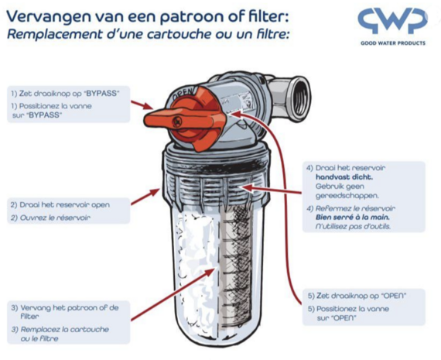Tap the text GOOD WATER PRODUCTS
pyautogui.click(x=393, y=43)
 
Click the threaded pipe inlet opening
pyautogui.click(x=300, y=99)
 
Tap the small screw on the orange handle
pyautogui.click(x=178, y=122)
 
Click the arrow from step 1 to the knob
pyautogui.click(x=142, y=105)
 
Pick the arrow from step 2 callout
pyautogui.click(x=145, y=197)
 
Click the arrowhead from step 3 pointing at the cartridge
pyautogui.click(x=210, y=272)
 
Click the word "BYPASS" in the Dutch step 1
pyautogui.click(x=101, y=94)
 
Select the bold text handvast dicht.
pyautogui.click(x=344, y=177)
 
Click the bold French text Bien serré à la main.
pyautogui.click(x=352, y=218)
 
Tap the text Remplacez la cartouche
pyautogui.click(x=65, y=329)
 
